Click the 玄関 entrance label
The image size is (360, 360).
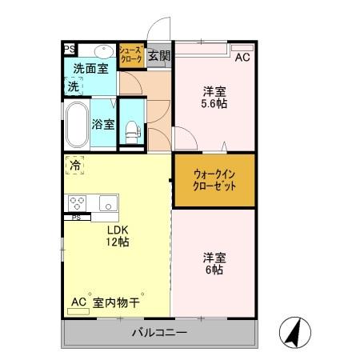tap(159, 55)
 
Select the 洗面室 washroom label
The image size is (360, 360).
tap(91, 69)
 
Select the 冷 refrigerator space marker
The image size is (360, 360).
tap(74, 166)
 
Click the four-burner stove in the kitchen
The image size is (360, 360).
tap(78, 203)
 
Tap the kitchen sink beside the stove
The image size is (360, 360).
tap(107, 203)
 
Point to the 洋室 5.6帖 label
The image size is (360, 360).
tap(213, 97)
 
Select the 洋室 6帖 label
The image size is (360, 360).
tap(213, 263)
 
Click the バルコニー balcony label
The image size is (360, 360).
tap(159, 333)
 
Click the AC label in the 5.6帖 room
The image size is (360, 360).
tap(242, 57)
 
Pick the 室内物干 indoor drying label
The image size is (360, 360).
tap(116, 302)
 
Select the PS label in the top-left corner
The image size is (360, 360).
tap(70, 49)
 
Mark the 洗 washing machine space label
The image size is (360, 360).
tap(73, 86)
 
